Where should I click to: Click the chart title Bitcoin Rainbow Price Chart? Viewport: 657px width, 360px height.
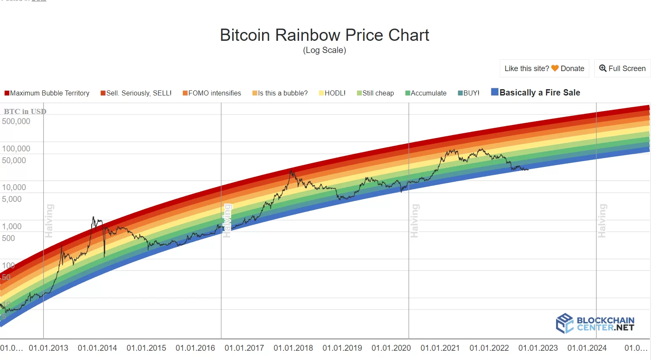(324, 35)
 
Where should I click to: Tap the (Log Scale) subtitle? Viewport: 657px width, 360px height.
(324, 50)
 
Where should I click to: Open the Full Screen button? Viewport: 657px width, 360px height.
(622, 69)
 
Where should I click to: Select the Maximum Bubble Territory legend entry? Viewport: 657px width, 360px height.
(47, 93)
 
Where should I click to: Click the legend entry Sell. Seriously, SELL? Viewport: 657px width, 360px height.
(136, 93)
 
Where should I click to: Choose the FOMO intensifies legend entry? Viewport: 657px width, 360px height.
(212, 93)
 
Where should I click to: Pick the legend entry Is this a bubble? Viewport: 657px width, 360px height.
(280, 93)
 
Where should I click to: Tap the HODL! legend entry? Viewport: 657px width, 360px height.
(332, 93)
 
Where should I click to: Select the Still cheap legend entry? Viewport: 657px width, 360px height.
(376, 93)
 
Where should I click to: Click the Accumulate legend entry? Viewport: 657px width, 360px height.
(426, 93)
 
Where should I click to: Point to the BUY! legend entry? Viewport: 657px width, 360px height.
(469, 93)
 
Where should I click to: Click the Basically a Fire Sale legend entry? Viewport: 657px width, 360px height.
(536, 93)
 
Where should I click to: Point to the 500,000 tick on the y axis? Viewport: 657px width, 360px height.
(16, 122)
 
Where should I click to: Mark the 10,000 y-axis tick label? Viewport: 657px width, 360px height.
(14, 188)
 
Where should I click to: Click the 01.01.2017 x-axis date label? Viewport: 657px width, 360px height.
(244, 348)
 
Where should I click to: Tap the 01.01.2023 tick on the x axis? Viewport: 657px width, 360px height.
(538, 348)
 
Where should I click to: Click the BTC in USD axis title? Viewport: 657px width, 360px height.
(25, 111)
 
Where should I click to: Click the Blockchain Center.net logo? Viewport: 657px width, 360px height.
(595, 323)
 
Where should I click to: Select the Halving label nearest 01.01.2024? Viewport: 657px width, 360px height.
(602, 221)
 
